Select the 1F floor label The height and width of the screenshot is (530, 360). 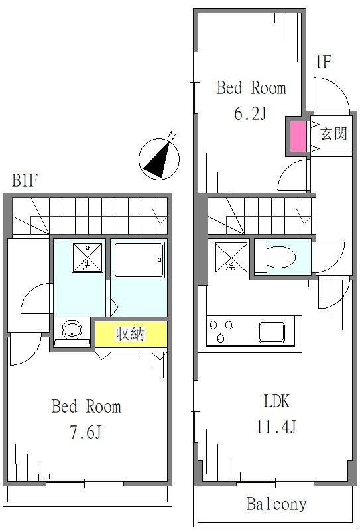[x=323, y=64]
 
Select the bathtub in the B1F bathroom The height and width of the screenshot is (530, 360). [x=138, y=259]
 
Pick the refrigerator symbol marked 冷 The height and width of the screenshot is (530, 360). [x=229, y=258]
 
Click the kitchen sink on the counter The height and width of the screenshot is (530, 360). [x=273, y=332]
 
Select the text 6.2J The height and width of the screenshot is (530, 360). [x=250, y=113]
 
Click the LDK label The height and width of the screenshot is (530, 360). [x=276, y=401]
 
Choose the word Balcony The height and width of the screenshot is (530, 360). [x=276, y=505]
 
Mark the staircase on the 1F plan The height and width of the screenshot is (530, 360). [x=259, y=215]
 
